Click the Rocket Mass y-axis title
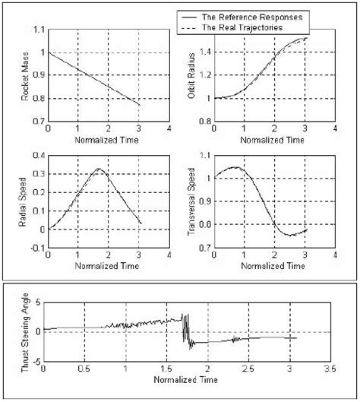click(x=25, y=77)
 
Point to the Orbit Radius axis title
click(x=191, y=76)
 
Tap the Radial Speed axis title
click(x=23, y=202)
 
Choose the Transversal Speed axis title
click(x=191, y=201)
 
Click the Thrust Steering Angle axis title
click(x=25, y=333)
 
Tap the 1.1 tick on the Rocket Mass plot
click(x=39, y=30)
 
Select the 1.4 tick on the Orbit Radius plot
click(x=205, y=52)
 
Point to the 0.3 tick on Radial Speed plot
click(x=39, y=174)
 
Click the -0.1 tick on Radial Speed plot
click(x=38, y=248)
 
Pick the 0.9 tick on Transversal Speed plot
click(x=205, y=201)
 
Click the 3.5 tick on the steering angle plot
click(x=330, y=369)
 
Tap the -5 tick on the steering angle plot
click(x=36, y=362)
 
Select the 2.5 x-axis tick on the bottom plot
click(x=248, y=369)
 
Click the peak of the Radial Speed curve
click(x=99, y=169)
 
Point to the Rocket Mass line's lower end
click(x=141, y=105)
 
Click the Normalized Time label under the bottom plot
click(x=186, y=380)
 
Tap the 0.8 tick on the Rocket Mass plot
click(x=39, y=99)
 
